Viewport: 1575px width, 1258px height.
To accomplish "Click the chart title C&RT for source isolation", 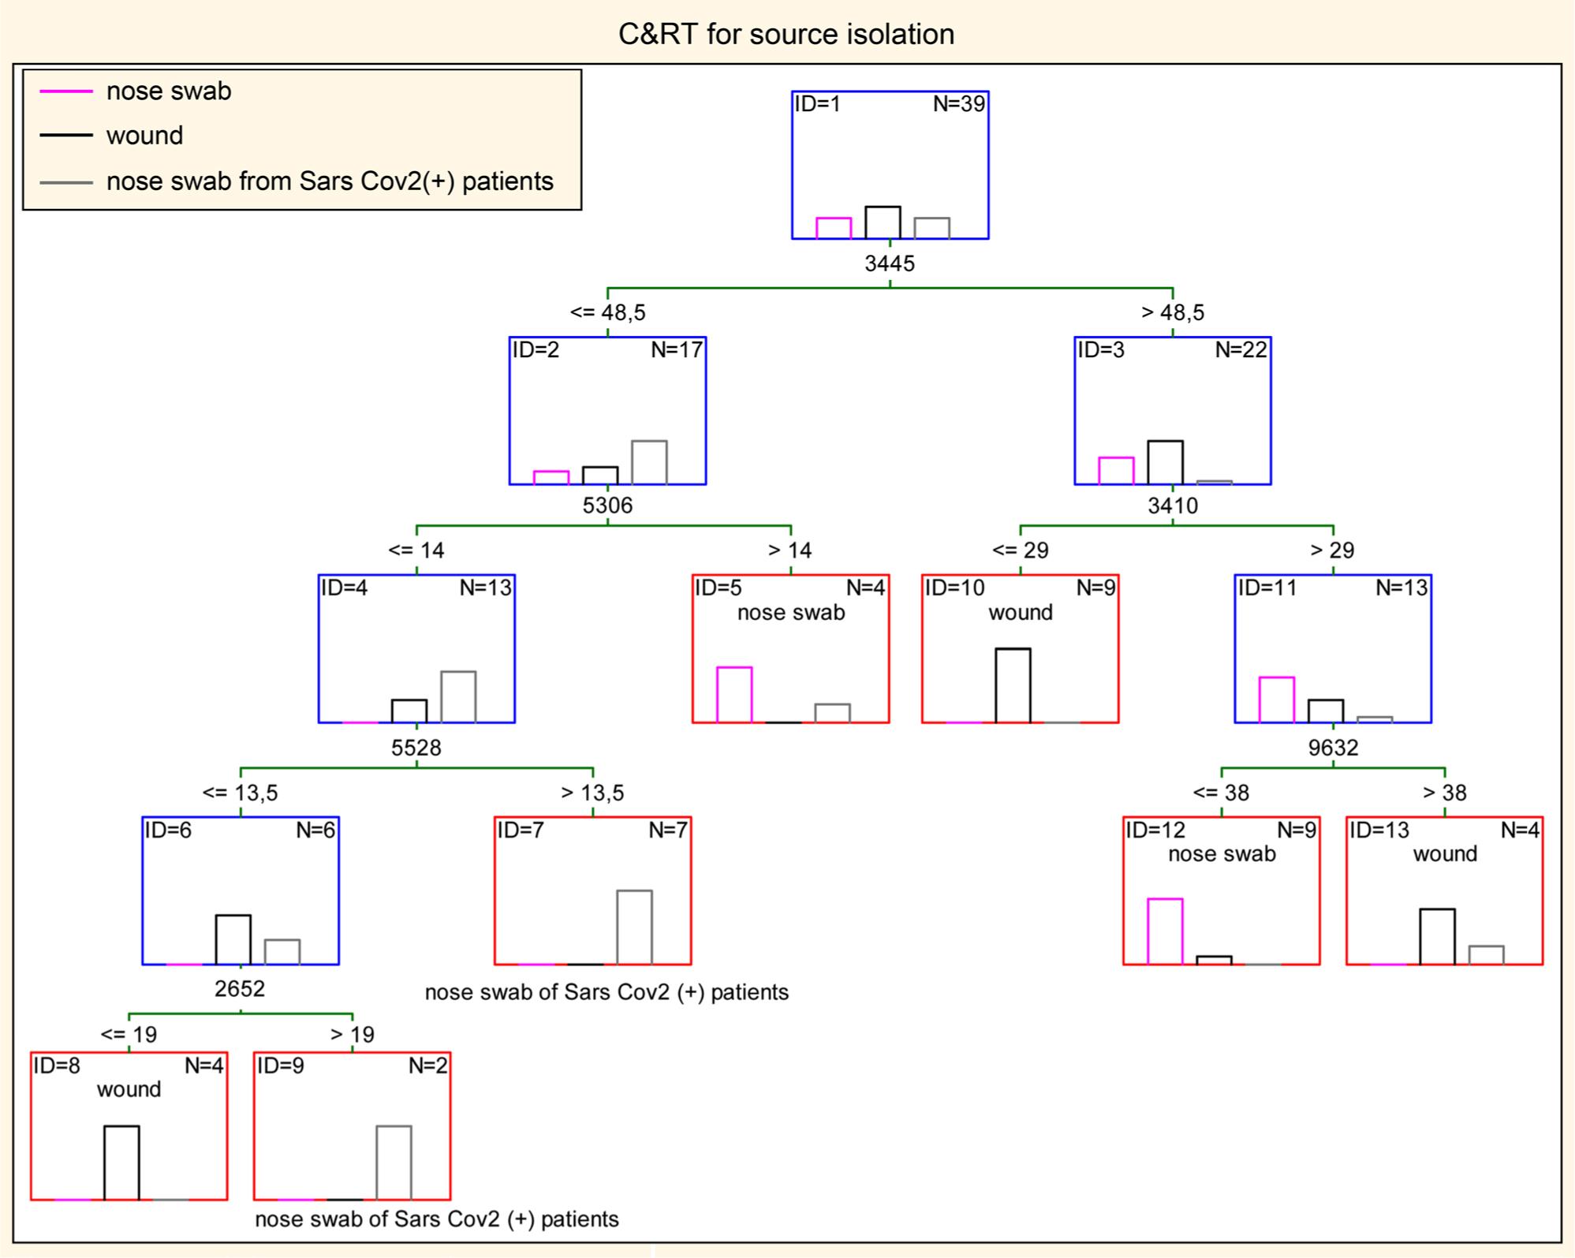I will pos(786,35).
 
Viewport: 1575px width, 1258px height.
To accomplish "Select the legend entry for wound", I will pos(144,136).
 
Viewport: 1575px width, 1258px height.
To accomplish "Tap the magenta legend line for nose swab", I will pos(66,91).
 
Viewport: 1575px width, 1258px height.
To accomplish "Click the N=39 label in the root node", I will pos(958,104).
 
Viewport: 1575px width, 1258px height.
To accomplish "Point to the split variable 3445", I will pos(890,263).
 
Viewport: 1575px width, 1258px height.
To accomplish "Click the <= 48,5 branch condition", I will pos(607,313).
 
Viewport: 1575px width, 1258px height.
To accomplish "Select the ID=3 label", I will pos(1101,350).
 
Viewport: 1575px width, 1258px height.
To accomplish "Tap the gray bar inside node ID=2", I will pos(649,462).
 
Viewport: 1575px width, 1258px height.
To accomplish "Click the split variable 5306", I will pos(607,506).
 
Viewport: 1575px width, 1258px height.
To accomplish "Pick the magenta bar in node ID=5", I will pos(734,695).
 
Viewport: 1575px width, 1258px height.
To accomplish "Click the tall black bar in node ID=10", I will pos(1013,685).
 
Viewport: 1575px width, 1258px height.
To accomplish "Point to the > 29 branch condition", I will pos(1332,551).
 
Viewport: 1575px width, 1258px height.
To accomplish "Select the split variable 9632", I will pos(1333,748).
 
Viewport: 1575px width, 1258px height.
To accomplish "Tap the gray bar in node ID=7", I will pos(634,928).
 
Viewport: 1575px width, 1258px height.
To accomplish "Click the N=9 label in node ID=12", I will pos(1297,830).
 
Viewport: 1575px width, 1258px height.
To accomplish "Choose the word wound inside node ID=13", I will pos(1444,854).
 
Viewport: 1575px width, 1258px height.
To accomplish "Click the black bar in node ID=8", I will pos(121,1163).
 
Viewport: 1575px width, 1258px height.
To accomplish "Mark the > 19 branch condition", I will pos(352,1035).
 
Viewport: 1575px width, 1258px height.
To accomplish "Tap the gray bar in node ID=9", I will pos(394,1163).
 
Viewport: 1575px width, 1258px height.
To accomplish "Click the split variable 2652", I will pos(240,989).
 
